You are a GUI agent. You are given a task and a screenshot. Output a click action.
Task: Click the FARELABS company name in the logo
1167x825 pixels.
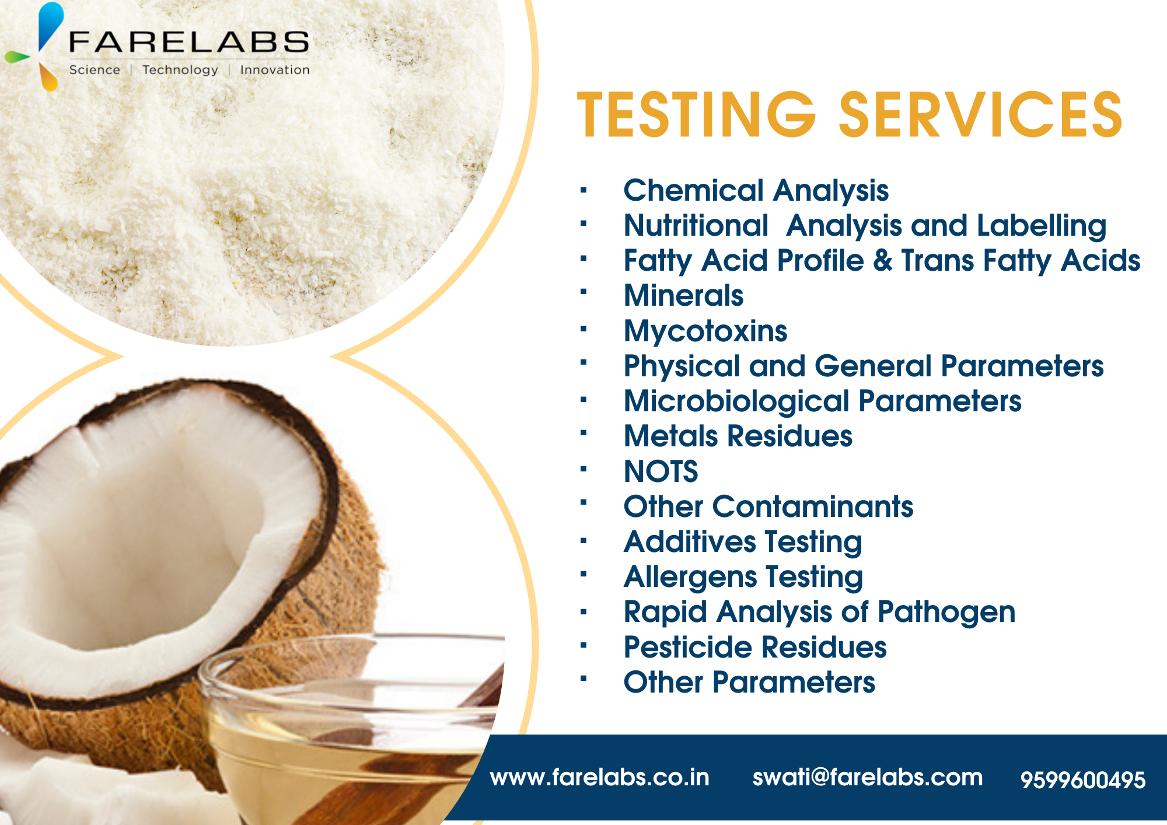(x=188, y=42)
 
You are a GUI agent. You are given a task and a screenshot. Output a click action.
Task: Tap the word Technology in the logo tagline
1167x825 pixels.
(x=180, y=70)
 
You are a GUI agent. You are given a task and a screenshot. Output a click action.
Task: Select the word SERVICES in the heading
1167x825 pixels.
(x=980, y=115)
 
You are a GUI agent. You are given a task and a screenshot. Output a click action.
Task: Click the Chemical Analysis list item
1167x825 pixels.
(x=756, y=191)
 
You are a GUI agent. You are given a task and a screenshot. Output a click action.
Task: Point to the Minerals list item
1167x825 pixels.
(x=683, y=295)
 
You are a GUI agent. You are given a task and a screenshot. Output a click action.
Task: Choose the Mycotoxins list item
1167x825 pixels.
(x=705, y=331)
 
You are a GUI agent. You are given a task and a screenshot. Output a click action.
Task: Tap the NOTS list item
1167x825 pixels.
(x=661, y=471)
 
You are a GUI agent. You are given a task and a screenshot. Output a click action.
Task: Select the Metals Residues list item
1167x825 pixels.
(x=738, y=436)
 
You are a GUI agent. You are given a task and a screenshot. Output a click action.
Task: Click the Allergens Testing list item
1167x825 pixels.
(x=743, y=577)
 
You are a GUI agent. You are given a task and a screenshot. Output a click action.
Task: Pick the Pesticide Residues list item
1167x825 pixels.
(x=754, y=648)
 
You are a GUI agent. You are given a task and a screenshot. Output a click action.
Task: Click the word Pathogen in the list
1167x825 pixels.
(x=946, y=612)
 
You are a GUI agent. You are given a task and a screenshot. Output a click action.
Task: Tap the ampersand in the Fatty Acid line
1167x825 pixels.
(x=883, y=261)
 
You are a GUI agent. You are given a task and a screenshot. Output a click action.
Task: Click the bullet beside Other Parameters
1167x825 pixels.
(x=583, y=679)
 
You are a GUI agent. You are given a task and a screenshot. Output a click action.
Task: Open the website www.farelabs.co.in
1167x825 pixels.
(x=599, y=777)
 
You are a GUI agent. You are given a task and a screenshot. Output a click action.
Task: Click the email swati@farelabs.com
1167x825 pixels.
(x=867, y=777)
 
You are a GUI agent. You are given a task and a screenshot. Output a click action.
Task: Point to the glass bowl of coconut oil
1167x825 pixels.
(x=350, y=729)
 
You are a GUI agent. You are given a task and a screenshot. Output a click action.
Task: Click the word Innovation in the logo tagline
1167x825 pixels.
(x=275, y=70)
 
